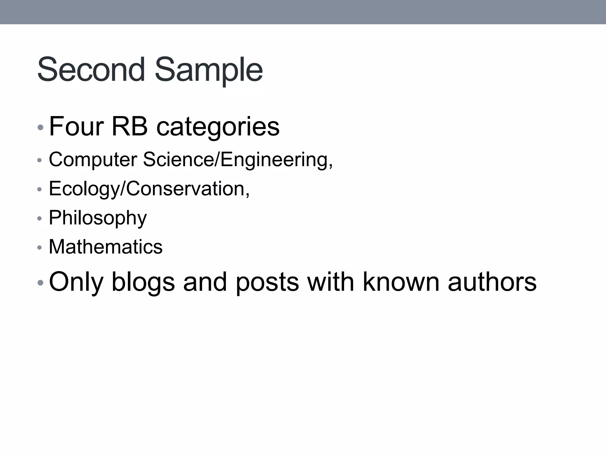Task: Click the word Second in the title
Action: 91,70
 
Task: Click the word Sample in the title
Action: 209,71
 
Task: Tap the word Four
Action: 76,126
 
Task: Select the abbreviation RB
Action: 129,126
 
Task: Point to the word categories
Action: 218,127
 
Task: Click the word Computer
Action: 93,160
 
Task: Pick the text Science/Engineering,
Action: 238,160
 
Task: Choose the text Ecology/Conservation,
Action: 149,189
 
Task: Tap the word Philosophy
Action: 98,218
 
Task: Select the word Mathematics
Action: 106,247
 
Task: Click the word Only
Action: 76,282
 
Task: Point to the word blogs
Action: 143,282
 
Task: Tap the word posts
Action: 267,282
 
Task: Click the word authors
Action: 492,282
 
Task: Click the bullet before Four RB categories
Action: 41,128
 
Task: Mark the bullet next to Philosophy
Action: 40,219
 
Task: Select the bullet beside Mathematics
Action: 40,248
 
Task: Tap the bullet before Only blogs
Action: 41,283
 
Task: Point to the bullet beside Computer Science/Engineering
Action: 40,161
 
